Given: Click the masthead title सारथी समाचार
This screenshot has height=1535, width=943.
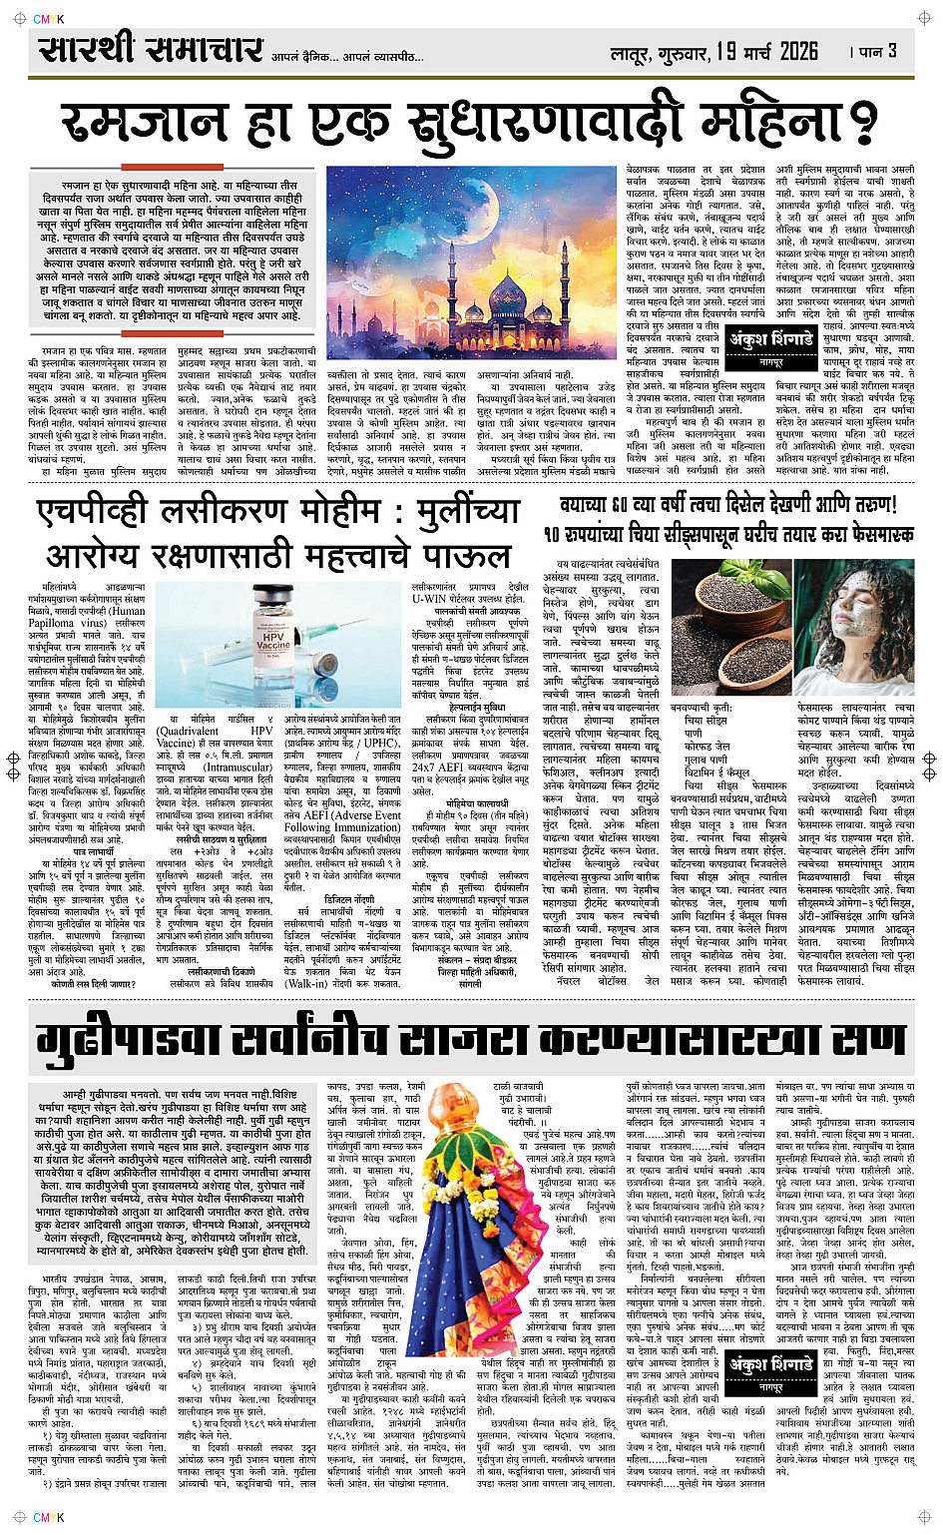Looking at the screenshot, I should coord(151,49).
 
